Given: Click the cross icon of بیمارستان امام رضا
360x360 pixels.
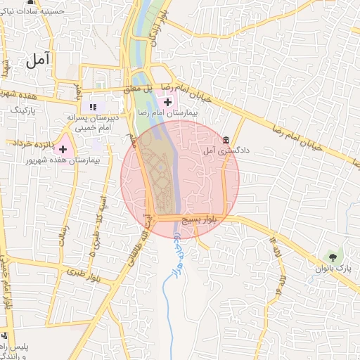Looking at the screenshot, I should (x=168, y=103).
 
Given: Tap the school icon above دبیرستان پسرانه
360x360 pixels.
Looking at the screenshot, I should (x=92, y=107).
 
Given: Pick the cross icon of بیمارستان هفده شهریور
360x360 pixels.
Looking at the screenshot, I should (x=63, y=148).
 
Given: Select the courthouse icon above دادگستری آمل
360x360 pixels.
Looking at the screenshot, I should (x=225, y=140).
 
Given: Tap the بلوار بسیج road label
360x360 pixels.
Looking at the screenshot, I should (x=199, y=219).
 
